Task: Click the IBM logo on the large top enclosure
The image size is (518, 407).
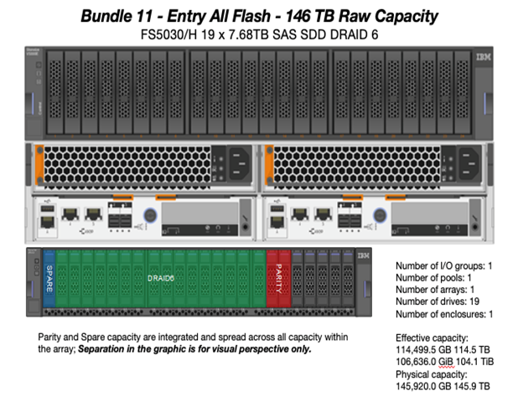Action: [482, 59]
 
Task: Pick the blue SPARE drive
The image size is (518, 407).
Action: [49, 282]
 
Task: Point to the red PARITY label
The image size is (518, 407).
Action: [277, 276]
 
